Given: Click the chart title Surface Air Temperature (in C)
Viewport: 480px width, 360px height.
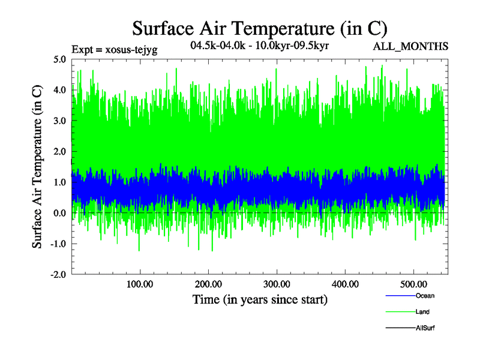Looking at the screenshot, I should pyautogui.click(x=260, y=29).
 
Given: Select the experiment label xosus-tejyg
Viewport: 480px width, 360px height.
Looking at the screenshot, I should pyautogui.click(x=114, y=50).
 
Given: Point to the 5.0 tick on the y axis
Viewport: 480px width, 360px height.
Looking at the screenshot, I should pyautogui.click(x=59, y=59).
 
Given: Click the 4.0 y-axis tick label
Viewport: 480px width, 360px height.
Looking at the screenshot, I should pyautogui.click(x=59, y=90).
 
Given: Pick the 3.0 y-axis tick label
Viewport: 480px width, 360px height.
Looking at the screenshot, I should pyautogui.click(x=59, y=121).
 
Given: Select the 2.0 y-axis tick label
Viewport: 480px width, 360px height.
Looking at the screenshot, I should pyautogui.click(x=59, y=151).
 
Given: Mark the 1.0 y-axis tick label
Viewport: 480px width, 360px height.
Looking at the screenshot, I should pyautogui.click(x=59, y=182).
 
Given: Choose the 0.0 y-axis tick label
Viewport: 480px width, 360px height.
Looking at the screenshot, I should pyautogui.click(x=59, y=213).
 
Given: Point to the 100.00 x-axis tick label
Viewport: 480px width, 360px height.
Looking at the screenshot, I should pyautogui.click(x=139, y=283).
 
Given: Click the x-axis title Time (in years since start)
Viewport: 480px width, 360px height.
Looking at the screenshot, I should pyautogui.click(x=260, y=299).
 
